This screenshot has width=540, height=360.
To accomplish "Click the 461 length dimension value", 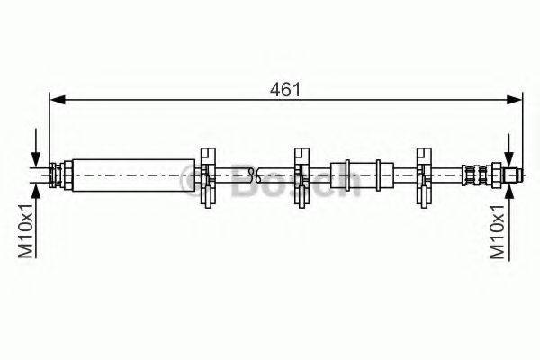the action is [285, 90].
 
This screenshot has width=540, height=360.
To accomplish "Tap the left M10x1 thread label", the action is [26, 230].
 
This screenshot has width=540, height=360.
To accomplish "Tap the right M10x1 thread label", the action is [498, 230].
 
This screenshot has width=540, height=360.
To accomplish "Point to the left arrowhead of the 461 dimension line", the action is [58, 100].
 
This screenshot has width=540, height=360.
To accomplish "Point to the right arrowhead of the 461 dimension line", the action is [515, 100].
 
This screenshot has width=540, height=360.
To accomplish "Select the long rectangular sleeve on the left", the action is [133, 175].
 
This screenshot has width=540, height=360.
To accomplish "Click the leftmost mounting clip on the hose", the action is [208, 178].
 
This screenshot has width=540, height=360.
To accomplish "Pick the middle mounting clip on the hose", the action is [301, 178].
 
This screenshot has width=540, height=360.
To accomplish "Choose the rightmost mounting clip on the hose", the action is [424, 178].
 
